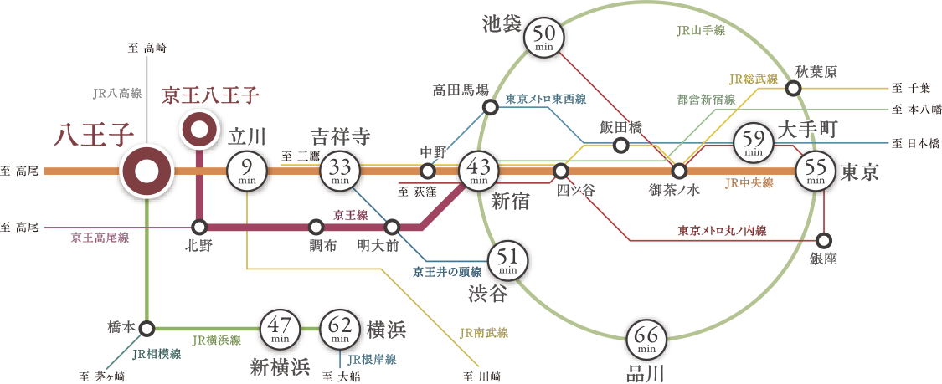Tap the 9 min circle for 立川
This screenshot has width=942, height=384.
[x=248, y=172]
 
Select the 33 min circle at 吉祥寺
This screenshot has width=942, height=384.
[x=340, y=172]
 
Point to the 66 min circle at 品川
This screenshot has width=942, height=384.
[x=646, y=339]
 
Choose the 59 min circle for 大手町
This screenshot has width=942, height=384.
[x=753, y=144]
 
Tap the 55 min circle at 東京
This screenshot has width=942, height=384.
[x=816, y=172]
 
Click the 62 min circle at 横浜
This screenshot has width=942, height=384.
[x=340, y=330]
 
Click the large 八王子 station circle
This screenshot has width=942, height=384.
[x=147, y=172]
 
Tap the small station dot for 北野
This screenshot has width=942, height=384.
[x=199, y=227]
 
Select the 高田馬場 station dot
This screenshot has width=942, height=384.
[x=492, y=106]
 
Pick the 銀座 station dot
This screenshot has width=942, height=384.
[x=825, y=238]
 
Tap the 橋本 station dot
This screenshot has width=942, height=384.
[x=147, y=327]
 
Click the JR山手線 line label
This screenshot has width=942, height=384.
[x=700, y=30]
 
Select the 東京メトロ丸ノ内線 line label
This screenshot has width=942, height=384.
[x=722, y=229]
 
